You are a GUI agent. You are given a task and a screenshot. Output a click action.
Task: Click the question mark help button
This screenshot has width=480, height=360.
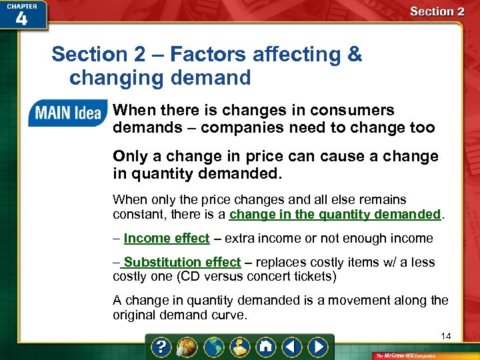point(161,347)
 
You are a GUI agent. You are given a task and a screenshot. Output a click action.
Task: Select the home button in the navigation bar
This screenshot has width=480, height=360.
point(266,347)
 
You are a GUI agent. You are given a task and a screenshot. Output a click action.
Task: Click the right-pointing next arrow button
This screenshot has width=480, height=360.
point(319,347)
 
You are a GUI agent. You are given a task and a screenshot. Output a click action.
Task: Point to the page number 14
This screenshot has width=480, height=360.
point(445,336)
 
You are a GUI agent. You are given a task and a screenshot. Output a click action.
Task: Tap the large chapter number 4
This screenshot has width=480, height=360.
point(21,19)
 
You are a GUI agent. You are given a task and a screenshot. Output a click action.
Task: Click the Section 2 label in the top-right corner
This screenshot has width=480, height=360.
point(437,11)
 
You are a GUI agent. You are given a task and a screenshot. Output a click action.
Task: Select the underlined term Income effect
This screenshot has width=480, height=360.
point(167,239)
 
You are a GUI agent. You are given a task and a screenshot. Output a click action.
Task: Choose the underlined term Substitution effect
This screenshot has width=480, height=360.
point(182,263)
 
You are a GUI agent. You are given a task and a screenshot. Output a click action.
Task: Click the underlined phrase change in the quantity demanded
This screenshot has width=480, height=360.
point(335,215)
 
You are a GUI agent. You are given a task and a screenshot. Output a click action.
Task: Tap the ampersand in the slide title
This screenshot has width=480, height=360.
point(355,54)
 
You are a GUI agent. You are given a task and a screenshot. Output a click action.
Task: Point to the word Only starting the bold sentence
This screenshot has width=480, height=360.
point(130,157)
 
